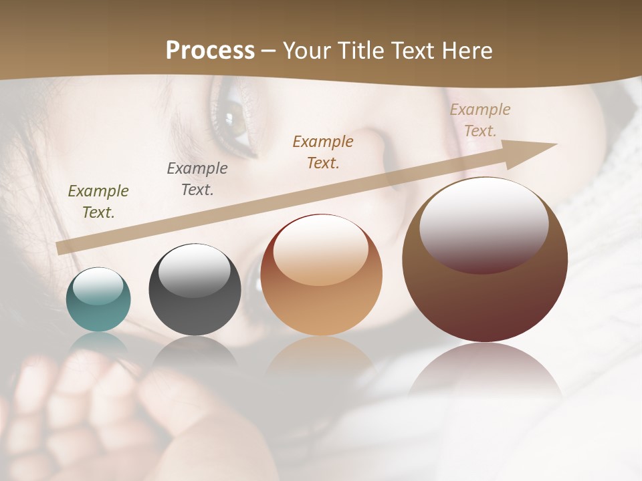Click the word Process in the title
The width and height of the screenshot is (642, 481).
point(210,51)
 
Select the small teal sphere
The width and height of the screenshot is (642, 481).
point(98,299)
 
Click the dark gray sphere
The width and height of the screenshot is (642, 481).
point(195,290)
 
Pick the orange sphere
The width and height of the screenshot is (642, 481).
point(321,275)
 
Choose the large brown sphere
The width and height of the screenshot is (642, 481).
point(485,260)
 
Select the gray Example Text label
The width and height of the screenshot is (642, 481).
point(197,179)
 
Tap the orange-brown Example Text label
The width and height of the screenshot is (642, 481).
point(323,152)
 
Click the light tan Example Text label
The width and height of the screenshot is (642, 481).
point(480,120)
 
